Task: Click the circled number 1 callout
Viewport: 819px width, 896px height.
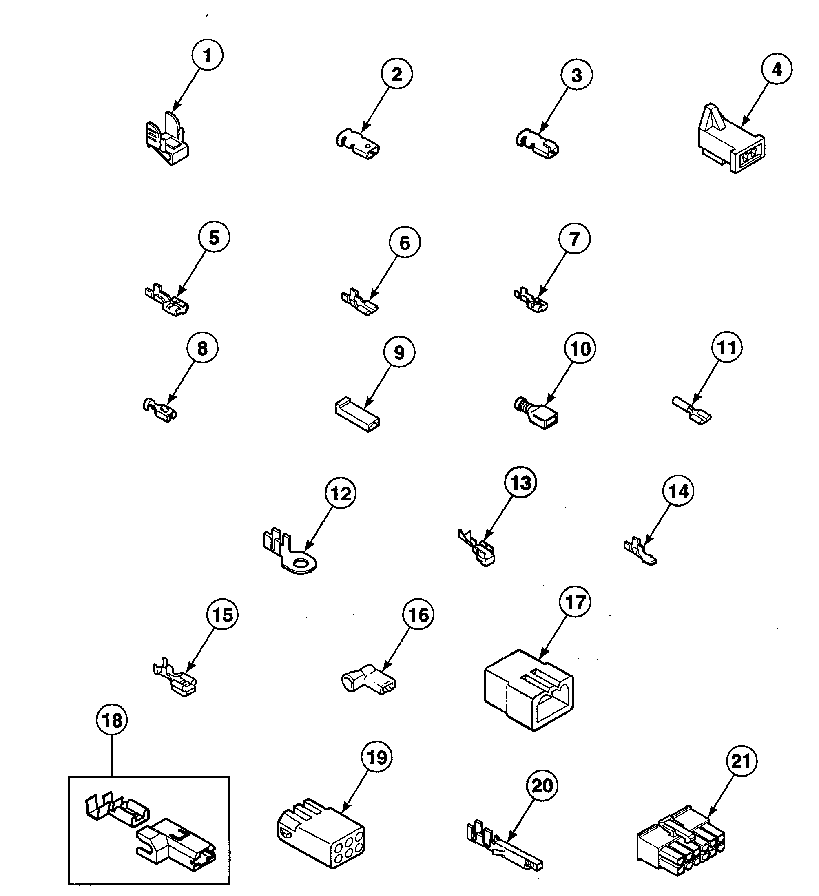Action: tap(207, 55)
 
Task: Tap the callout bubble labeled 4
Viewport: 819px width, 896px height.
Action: tap(776, 69)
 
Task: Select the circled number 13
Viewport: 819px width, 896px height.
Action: tap(520, 483)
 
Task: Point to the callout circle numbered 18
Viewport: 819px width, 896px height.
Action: tap(111, 721)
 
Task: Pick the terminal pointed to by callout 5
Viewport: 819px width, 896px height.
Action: tap(167, 301)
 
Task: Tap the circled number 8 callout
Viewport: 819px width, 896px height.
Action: tap(202, 348)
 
